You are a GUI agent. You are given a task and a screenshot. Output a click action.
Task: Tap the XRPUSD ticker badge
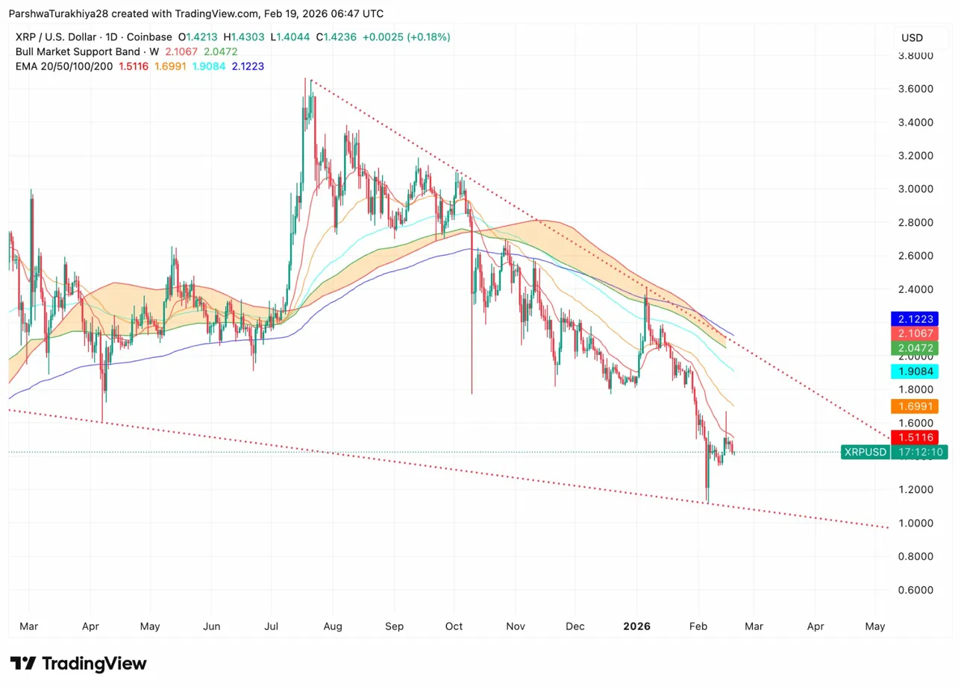click(865, 452)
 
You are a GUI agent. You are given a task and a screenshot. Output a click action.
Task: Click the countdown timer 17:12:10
click(918, 452)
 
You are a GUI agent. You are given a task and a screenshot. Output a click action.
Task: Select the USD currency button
click(912, 38)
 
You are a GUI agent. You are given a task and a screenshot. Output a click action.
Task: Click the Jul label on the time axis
click(271, 626)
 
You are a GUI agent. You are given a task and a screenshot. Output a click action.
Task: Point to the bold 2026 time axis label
click(636, 626)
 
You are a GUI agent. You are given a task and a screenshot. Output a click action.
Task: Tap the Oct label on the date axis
click(453, 626)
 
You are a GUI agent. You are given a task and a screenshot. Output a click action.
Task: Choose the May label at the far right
click(875, 626)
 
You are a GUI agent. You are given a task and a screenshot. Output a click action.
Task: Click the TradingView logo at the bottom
click(78, 664)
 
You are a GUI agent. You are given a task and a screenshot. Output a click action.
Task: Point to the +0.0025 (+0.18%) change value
click(406, 37)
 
